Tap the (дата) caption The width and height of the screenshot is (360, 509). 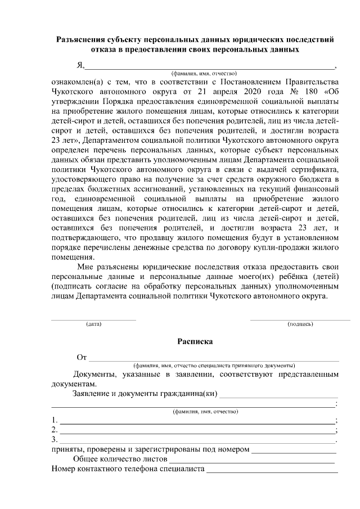(x=93, y=325)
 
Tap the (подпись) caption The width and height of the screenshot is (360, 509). (x=300, y=325)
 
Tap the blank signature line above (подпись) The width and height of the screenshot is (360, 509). (x=300, y=319)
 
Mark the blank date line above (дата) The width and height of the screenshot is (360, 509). (x=93, y=319)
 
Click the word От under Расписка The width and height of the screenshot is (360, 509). (x=82, y=357)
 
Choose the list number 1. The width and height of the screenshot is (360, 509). (x=54, y=420)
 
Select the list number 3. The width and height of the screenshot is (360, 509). (x=54, y=439)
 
